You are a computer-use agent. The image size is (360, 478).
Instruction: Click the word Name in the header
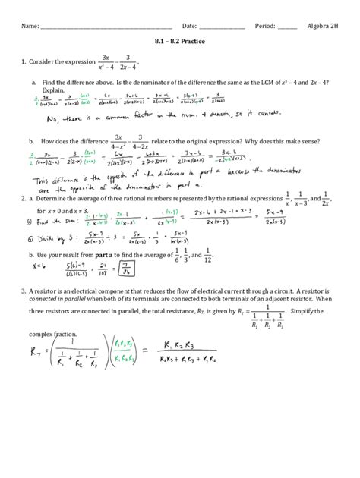[x=30, y=25]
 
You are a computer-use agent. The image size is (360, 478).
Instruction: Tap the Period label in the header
[x=266, y=25]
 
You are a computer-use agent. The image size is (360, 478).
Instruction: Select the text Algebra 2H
[x=324, y=25]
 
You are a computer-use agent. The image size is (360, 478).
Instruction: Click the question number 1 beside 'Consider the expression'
[x=24, y=61]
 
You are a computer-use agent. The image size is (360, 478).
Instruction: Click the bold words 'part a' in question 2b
[x=105, y=256]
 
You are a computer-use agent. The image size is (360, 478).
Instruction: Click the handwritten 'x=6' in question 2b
[x=38, y=266]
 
